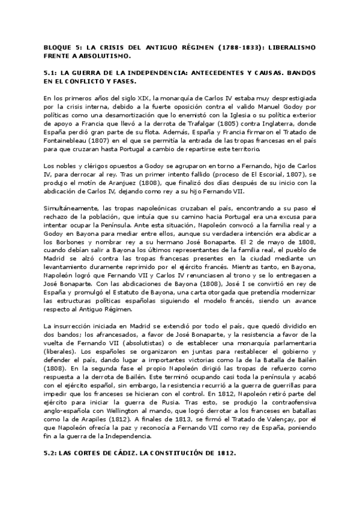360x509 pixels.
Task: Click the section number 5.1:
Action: (52, 72)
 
